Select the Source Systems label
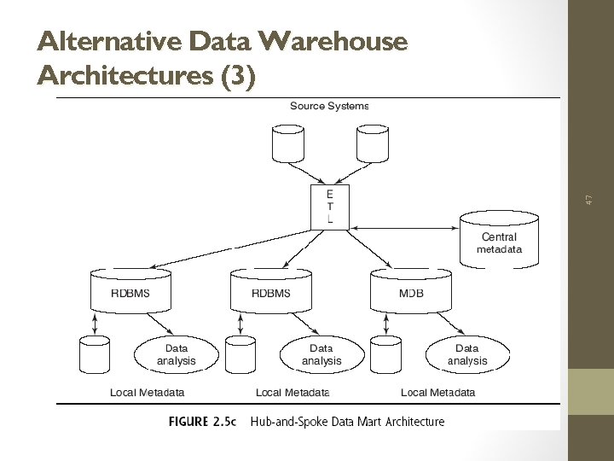pos(329,106)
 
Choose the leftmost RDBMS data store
pos(130,290)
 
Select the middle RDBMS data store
pos(270,290)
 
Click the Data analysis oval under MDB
pos(467,355)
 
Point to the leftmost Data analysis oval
pos(177,355)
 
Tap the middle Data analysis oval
pos(321,355)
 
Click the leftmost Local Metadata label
pos(148,393)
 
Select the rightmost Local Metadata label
pos(438,393)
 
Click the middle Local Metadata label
pos(293,393)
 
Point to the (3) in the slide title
pos(238,76)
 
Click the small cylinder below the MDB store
pos(387,356)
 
